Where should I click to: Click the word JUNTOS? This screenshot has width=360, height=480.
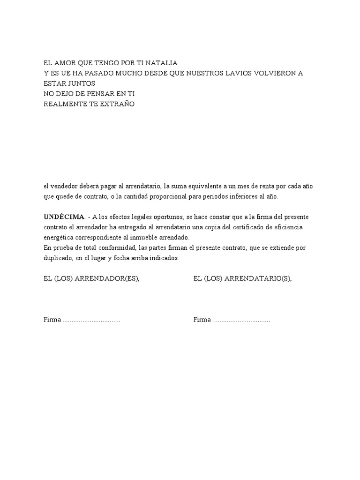coord(80,83)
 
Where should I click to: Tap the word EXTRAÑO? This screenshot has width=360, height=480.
coord(117,104)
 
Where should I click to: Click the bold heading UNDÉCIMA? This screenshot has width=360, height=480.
coord(64,217)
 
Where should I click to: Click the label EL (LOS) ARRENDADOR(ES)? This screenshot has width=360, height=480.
coord(91,278)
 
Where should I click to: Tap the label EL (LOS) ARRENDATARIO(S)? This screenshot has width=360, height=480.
coord(242,278)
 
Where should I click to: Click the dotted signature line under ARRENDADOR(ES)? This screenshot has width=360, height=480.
coord(91,320)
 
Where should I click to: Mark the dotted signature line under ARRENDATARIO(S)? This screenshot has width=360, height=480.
coord(241,320)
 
